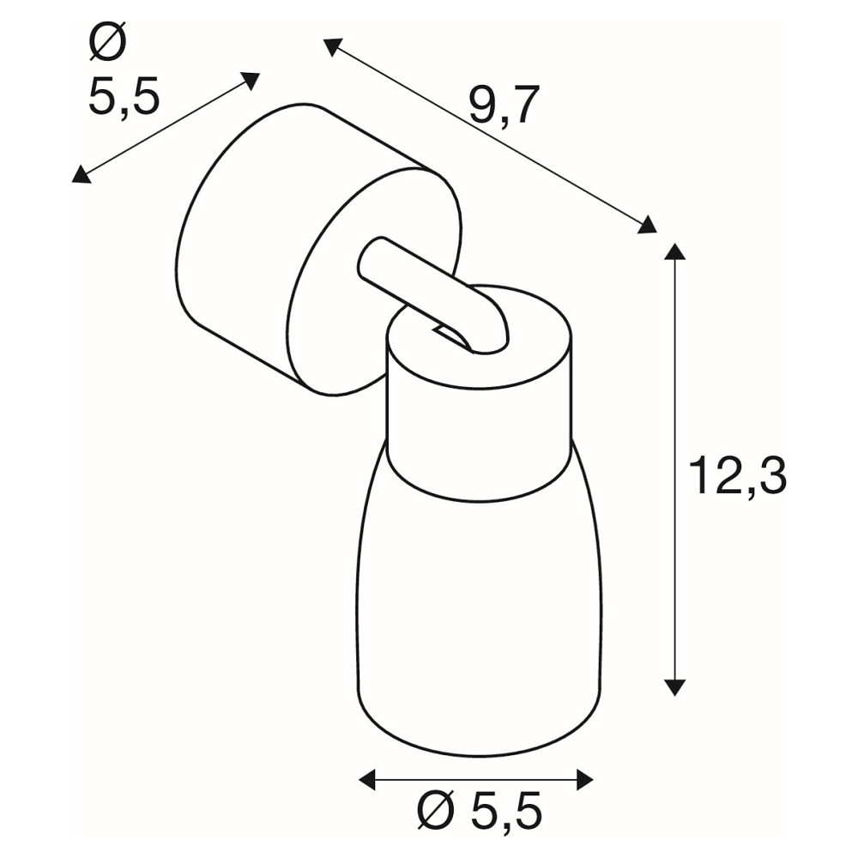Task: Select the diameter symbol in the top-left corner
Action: click(107, 40)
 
